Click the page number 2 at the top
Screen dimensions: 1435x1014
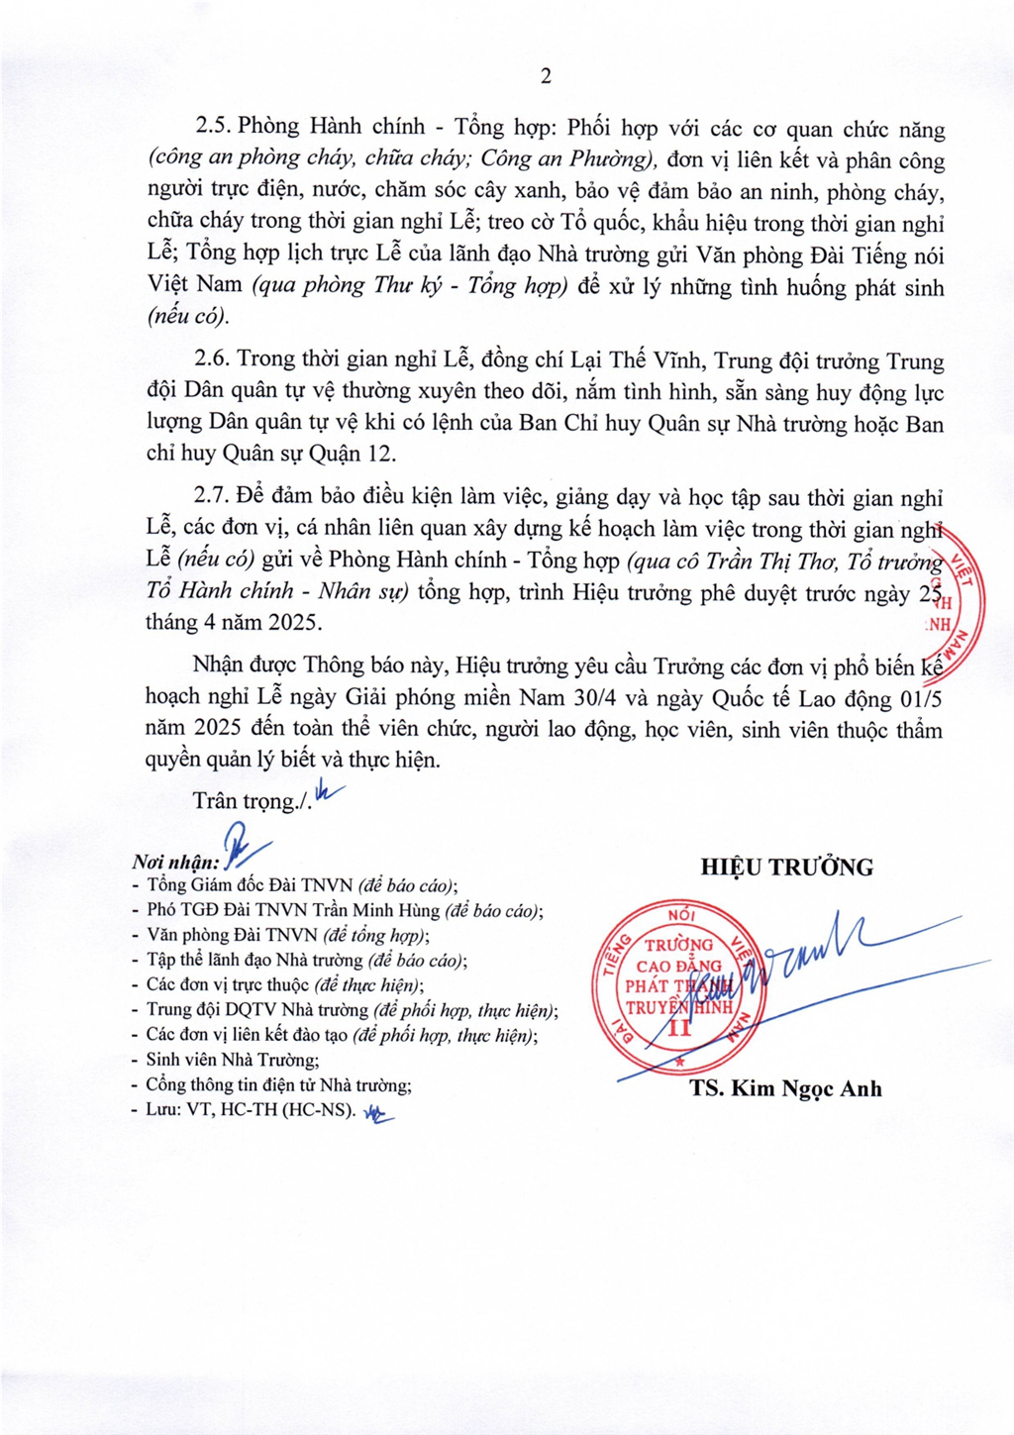pyautogui.click(x=545, y=76)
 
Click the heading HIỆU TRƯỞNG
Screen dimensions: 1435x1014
pyautogui.click(x=786, y=868)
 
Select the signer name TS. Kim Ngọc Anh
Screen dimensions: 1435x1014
pyautogui.click(x=785, y=1088)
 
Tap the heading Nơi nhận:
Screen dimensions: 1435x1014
pyautogui.click(x=175, y=863)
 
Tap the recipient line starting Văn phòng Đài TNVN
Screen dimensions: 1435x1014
pyautogui.click(x=287, y=935)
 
